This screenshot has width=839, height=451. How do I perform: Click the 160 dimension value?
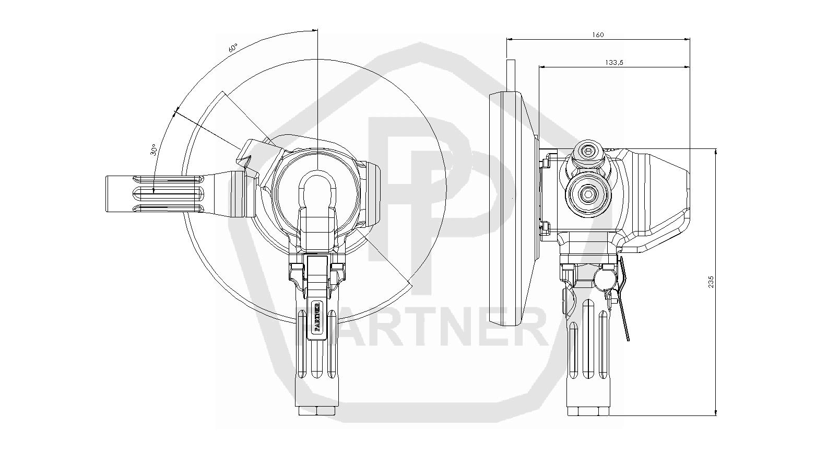(598, 35)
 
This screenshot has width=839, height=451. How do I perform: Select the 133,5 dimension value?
(614, 63)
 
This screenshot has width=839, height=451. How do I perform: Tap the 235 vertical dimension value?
(711, 282)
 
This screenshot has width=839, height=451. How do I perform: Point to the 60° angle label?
(233, 48)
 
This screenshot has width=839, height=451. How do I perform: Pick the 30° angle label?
(153, 149)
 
